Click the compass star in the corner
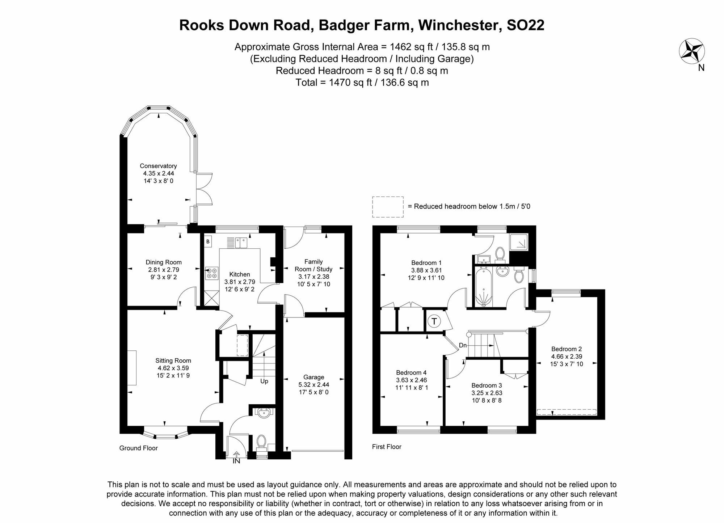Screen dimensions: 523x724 coord(691,51)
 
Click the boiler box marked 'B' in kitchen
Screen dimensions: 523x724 coord(208,241)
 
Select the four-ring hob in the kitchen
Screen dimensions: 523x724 coord(211,273)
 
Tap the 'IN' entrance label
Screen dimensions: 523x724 coord(236,461)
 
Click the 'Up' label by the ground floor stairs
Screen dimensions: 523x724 coord(264,381)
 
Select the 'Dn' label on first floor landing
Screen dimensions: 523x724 coord(463,345)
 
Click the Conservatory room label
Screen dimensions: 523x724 coord(158,166)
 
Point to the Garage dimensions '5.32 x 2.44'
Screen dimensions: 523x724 coord(313,385)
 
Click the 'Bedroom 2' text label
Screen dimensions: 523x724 coord(566,349)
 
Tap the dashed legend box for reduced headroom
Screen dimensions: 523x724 coord(388,207)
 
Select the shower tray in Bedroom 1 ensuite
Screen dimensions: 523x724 coord(518,242)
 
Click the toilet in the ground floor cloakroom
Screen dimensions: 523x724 coord(261,442)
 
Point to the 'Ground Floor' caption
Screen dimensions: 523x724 coord(138,448)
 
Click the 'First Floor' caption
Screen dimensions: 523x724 coord(387,447)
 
